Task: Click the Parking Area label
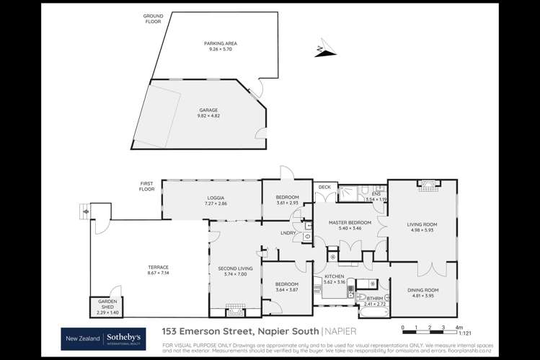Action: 221,43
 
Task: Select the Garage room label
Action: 208,110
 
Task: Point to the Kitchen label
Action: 332,276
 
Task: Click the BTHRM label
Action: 375,298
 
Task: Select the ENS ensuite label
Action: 376,193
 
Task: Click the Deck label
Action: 324,187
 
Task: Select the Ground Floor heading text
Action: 153,18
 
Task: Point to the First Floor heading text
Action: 148,187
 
